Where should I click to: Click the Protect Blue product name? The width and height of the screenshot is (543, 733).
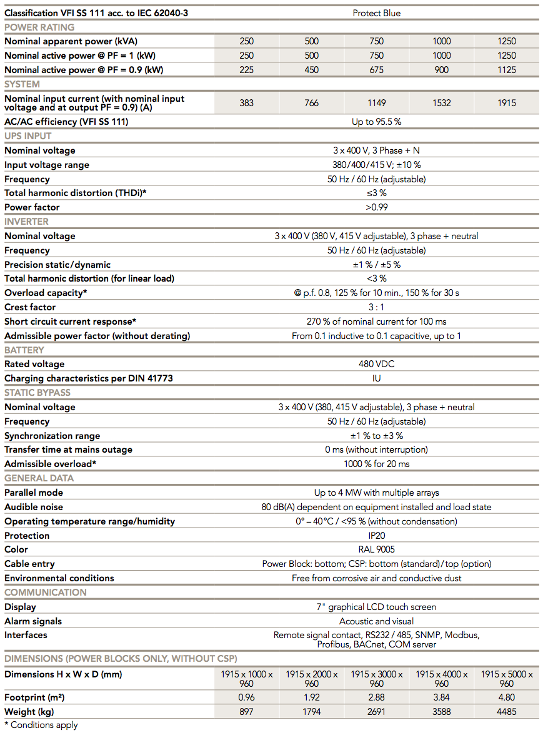pyautogui.click(x=376, y=13)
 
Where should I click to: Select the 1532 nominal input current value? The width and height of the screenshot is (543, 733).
pyautogui.click(x=441, y=103)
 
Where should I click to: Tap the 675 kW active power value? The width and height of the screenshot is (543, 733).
pyautogui.click(x=376, y=70)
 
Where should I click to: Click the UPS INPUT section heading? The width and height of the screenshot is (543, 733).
pyautogui.click(x=28, y=136)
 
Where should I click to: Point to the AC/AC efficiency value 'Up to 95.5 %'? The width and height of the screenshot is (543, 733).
pyautogui.click(x=376, y=122)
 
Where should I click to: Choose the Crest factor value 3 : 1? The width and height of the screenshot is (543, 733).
pyautogui.click(x=376, y=307)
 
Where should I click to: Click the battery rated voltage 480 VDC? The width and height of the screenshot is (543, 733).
pyautogui.click(x=376, y=364)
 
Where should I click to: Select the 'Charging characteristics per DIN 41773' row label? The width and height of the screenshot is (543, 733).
pyautogui.click(x=89, y=378)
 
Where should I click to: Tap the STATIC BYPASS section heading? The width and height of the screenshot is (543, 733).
pyautogui.click(x=37, y=393)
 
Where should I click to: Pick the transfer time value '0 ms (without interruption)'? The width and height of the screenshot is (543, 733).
pyautogui.click(x=376, y=450)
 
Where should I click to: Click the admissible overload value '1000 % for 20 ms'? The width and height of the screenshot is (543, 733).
pyautogui.click(x=376, y=464)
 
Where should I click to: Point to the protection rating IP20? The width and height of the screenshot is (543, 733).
pyautogui.click(x=376, y=536)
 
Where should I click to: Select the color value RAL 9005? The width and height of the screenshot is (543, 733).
pyautogui.click(x=376, y=549)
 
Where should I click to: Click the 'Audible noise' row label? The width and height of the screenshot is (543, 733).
pyautogui.click(x=34, y=507)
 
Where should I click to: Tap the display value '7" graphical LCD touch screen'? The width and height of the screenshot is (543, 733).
pyautogui.click(x=376, y=607)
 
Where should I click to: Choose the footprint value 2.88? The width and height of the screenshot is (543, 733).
pyautogui.click(x=376, y=697)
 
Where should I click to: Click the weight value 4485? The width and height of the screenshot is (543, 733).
pyautogui.click(x=506, y=712)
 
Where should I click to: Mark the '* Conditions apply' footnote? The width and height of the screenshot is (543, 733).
pyautogui.click(x=41, y=725)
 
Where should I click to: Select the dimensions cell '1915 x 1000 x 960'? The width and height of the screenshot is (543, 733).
pyautogui.click(x=247, y=679)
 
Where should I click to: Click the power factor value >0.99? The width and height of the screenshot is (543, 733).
pyautogui.click(x=376, y=207)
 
